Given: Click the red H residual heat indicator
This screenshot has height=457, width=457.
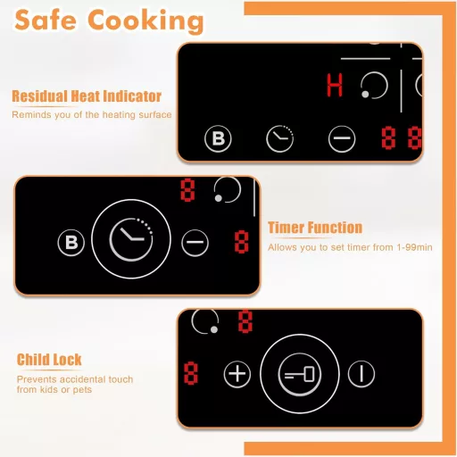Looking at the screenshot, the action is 335,85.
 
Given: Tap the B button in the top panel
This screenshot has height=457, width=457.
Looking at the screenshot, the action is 218,138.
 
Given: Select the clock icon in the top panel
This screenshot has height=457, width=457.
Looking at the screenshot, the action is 279,138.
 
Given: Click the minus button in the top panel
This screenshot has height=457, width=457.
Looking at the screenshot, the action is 342,138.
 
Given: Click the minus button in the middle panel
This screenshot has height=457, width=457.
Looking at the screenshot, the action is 195,243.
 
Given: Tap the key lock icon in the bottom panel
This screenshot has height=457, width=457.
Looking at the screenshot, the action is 300,374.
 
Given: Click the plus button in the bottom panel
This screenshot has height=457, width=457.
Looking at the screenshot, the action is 237,374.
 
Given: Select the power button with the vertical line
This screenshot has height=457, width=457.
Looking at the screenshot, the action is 361,374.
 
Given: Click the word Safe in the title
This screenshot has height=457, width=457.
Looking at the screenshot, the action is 46,21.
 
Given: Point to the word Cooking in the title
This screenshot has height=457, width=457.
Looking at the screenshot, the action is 145,21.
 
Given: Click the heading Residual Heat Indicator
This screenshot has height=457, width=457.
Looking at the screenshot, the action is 87,96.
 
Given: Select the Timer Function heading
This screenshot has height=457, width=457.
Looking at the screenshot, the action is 315,228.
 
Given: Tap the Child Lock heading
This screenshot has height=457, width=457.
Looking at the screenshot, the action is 49,360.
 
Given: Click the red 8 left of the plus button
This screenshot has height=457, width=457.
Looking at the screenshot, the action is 191,373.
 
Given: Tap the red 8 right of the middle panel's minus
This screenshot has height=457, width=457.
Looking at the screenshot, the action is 241,242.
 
